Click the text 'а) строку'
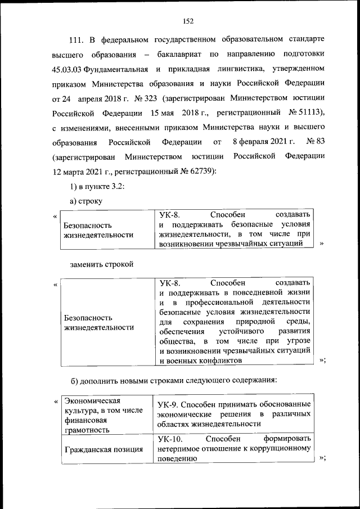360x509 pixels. coord(85,201)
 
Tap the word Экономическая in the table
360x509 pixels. coord(93,400)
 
